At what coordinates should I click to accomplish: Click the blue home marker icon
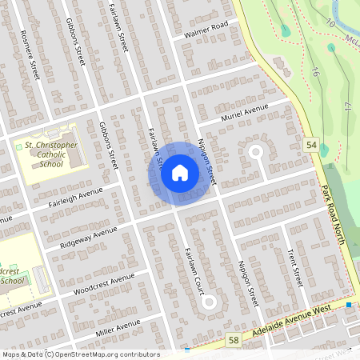tap(180, 172)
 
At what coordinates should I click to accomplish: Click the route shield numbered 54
tap(310, 143)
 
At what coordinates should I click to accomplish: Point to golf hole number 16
tap(316, 72)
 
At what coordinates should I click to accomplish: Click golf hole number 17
tap(347, 106)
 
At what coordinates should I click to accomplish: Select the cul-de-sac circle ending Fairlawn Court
tap(209, 302)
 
